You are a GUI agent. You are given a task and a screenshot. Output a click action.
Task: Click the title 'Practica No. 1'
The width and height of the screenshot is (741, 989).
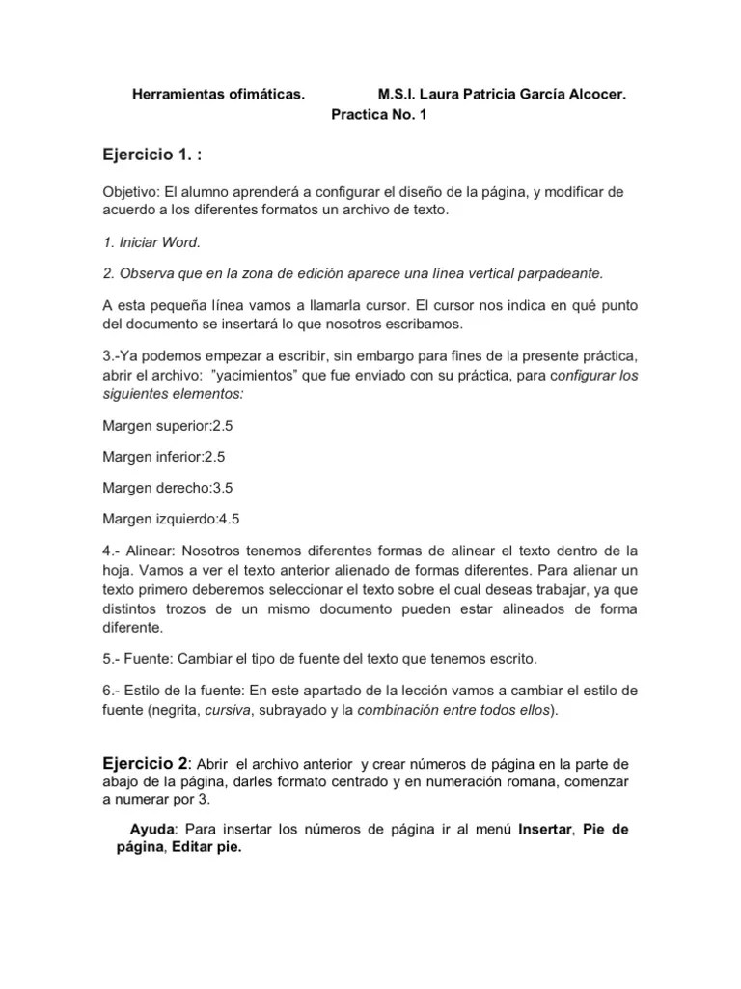(378, 114)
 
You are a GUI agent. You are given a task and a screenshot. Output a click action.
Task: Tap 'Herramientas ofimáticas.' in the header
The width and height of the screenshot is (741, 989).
(219, 96)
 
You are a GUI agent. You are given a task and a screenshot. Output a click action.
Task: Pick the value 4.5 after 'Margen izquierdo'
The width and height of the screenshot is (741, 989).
(229, 519)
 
